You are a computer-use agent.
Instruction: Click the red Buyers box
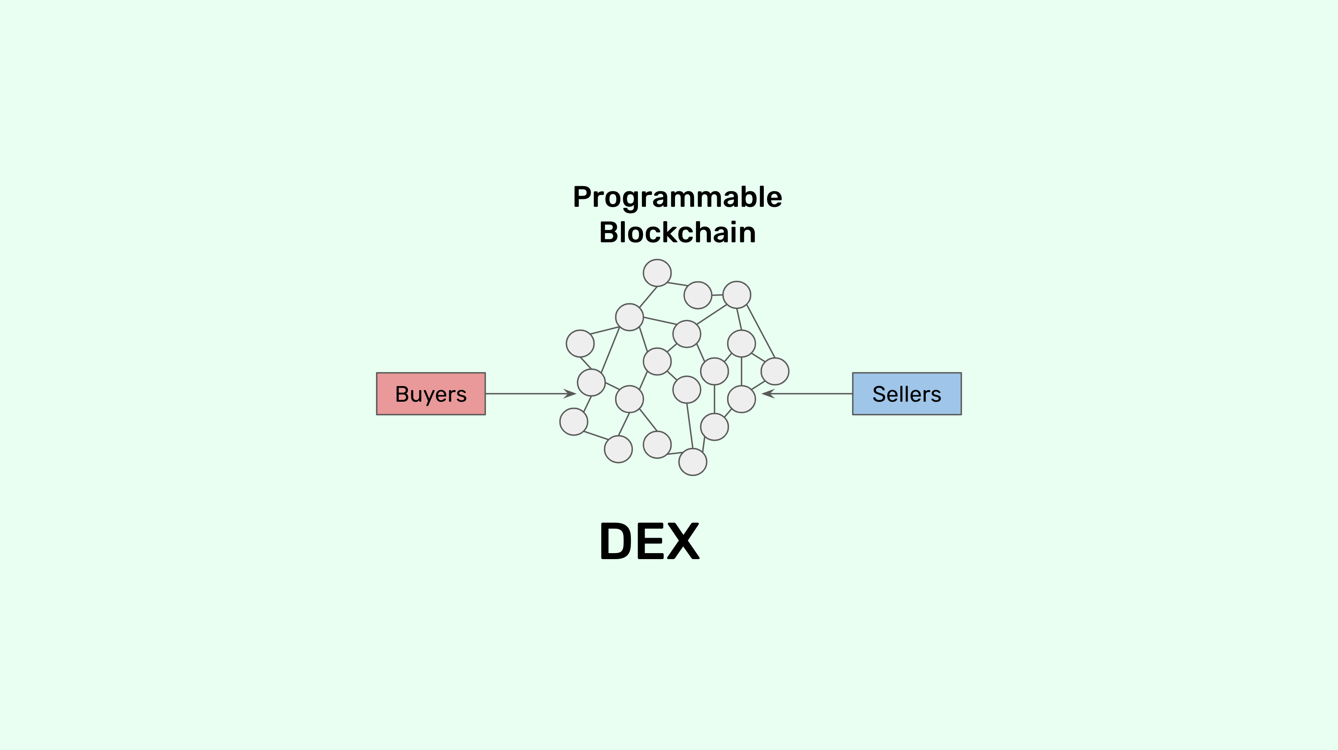430,393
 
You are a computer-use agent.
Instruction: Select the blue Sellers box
906,393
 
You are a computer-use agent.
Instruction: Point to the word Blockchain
677,232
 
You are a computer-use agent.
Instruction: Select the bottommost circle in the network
693,461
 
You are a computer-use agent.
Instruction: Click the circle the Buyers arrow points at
591,383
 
